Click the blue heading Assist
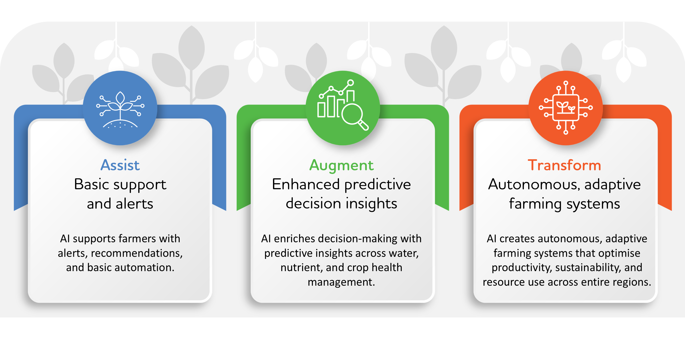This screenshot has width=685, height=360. point(120,165)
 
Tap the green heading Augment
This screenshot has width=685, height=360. point(341,165)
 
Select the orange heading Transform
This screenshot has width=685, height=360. point(564,165)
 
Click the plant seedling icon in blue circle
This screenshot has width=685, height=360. point(120,109)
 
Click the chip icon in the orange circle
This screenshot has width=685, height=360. point(566,108)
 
